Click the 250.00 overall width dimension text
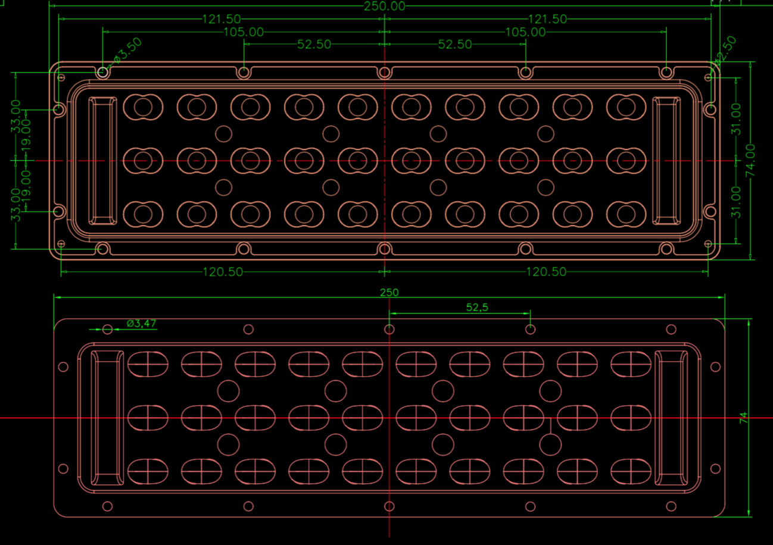click(x=384, y=6)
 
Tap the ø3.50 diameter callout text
click(x=128, y=51)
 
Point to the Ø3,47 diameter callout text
click(x=142, y=324)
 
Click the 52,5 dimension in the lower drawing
click(x=477, y=307)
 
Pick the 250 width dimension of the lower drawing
click(x=389, y=293)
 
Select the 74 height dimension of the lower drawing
click(x=744, y=418)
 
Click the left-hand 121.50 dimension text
click(x=221, y=19)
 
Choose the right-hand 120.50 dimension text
click(x=546, y=272)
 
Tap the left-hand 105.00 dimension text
click(x=243, y=32)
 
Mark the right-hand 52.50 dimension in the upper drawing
click(x=455, y=45)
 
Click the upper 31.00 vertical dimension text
click(x=737, y=119)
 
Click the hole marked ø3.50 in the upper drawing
click(x=103, y=73)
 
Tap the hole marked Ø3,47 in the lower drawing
click(x=108, y=329)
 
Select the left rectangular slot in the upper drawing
click(x=102, y=161)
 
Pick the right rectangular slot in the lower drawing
click(x=672, y=417)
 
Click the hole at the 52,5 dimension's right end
click(x=530, y=329)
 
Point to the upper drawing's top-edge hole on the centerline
click(x=385, y=73)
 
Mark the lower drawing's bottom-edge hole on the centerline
click(x=389, y=506)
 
